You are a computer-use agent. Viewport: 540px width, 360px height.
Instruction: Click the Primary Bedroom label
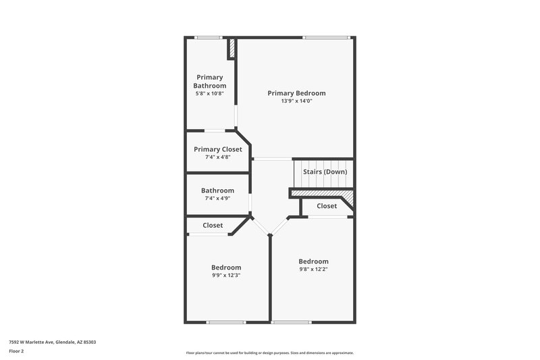[x=296, y=93]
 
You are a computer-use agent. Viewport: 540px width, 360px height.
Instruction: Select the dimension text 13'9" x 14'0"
[x=296, y=101]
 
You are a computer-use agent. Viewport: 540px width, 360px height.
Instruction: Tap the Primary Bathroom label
[x=210, y=81]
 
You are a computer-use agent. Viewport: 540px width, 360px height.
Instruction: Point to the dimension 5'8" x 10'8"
[x=210, y=93]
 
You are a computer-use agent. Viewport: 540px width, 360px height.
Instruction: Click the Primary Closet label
[x=217, y=149]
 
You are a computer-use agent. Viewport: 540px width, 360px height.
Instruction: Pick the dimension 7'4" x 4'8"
[x=217, y=157]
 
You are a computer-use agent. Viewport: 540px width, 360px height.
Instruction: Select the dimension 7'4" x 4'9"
[x=217, y=199]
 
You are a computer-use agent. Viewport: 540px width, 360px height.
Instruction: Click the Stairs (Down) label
[x=325, y=172]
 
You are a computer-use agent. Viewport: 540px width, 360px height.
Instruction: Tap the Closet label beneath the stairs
[x=327, y=206]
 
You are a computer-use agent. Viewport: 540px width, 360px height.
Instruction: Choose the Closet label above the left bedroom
[x=213, y=225]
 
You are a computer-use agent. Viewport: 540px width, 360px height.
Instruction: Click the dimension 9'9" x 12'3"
[x=226, y=275]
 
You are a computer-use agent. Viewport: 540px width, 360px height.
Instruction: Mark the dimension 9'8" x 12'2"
[x=314, y=269]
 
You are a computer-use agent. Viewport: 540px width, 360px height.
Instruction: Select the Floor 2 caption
[x=17, y=351]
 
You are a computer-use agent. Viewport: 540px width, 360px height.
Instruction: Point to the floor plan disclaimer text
[x=269, y=353]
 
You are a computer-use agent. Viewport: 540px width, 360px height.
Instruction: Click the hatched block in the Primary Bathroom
[x=232, y=49]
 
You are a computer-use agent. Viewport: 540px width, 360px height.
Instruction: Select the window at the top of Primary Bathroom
[x=209, y=37]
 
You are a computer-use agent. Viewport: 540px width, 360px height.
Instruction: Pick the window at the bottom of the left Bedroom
[x=225, y=322]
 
